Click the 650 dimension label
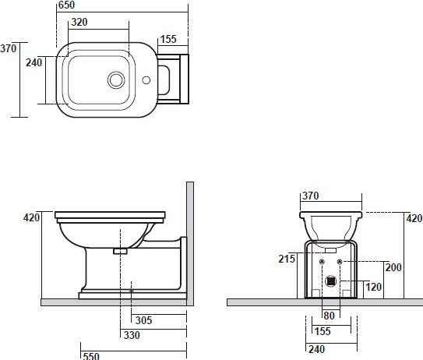click(x=66, y=5)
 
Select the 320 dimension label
click(x=79, y=22)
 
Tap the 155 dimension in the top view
click(x=168, y=39)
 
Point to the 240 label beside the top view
click(x=34, y=62)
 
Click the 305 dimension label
click(x=144, y=320)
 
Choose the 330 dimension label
click(x=132, y=335)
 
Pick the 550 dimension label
click(x=91, y=356)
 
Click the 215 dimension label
click(x=287, y=259)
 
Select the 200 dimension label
click(x=393, y=267)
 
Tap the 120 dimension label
click(x=374, y=287)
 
